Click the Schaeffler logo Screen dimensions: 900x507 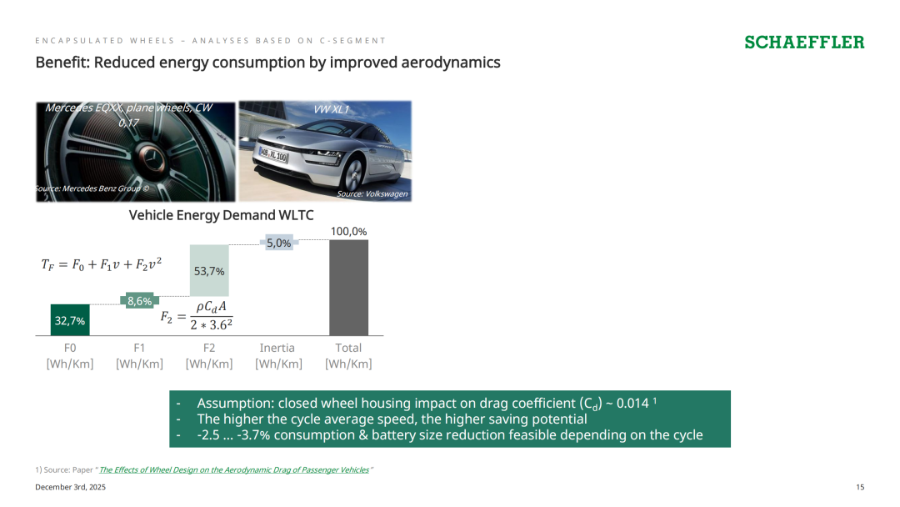804,43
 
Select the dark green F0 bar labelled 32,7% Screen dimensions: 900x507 70,320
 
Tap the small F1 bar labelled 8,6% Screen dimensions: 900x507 139,300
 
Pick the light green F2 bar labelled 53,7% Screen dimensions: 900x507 209,270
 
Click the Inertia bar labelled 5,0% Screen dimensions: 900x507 279,243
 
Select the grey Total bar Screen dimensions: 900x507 349,288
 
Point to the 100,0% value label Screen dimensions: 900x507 348,231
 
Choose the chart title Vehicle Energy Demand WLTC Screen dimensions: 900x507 221,215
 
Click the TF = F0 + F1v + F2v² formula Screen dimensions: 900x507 102,264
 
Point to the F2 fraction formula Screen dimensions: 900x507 197,316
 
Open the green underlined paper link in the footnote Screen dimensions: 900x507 234,469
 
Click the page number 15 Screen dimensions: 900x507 860,487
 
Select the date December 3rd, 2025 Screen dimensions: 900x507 71,487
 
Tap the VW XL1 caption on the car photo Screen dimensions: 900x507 331,110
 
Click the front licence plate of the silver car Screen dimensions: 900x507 274,154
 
